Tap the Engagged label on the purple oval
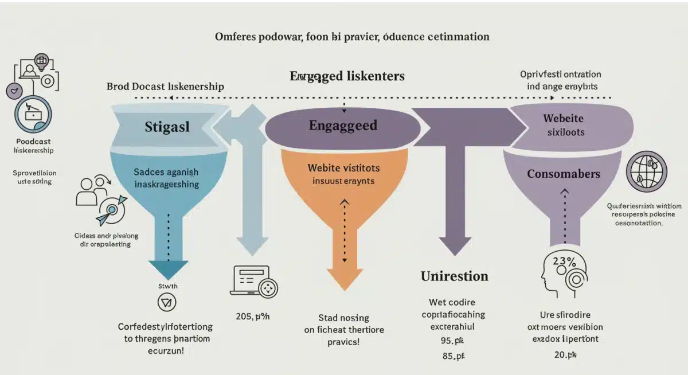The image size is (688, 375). point(343,126)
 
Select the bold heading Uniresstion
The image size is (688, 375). point(454,276)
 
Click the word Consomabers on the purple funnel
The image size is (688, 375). point(564,174)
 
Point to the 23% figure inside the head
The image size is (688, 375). point(564,261)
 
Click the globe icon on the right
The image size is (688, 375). point(646,171)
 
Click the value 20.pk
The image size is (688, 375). point(568,355)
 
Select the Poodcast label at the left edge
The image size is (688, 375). point(33,141)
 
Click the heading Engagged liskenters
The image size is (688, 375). point(347,76)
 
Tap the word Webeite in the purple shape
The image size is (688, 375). point(563,118)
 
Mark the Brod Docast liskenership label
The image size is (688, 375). point(165,87)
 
